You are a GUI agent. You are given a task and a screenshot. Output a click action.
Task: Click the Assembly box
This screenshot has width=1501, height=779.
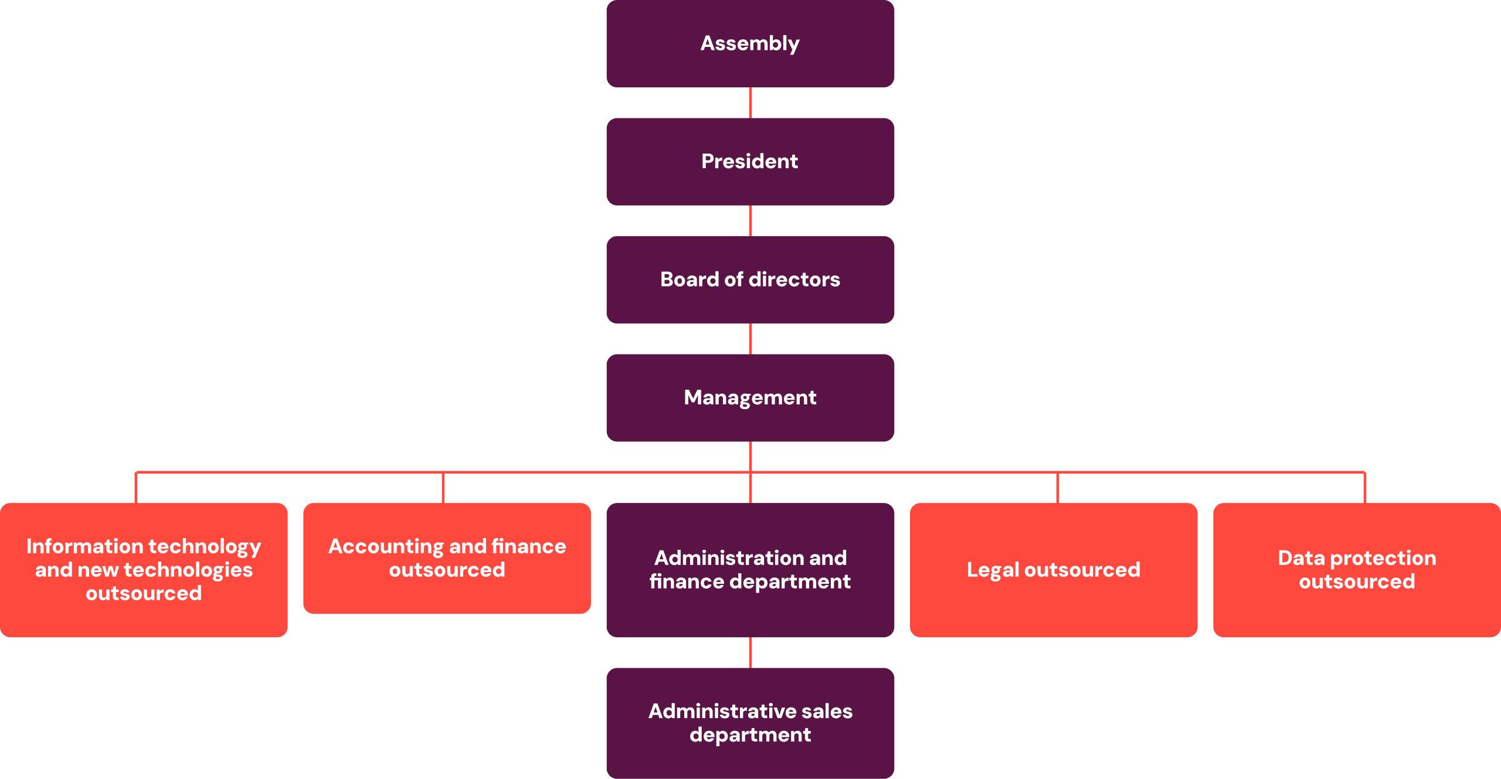750,44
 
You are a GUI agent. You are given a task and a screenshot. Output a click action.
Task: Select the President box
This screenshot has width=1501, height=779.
750,162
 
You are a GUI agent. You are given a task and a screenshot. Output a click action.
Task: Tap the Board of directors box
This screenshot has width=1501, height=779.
750,280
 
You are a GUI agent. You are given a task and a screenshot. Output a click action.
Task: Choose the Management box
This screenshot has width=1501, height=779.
750,398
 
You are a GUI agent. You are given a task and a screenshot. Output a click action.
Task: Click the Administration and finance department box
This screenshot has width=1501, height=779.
750,570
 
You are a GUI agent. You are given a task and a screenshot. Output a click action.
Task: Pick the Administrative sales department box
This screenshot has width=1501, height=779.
750,723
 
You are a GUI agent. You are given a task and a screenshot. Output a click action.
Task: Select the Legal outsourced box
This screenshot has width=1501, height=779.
1053,570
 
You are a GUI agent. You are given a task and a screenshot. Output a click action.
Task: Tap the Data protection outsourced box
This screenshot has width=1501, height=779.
1356,570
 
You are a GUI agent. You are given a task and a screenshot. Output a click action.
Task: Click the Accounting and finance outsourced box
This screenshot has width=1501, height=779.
447,558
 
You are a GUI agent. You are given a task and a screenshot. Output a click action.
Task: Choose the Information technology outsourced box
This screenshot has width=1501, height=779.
144,570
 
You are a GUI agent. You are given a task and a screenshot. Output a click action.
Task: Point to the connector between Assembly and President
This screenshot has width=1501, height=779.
750,103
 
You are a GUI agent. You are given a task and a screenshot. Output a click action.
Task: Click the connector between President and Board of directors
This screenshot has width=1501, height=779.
750,221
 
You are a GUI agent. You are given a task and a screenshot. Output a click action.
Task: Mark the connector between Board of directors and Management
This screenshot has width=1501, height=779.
750,339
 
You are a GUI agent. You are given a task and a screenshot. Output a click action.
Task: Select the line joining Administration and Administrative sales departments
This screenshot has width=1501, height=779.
750,652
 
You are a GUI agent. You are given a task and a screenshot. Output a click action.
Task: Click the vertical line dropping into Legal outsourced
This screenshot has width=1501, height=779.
1057,488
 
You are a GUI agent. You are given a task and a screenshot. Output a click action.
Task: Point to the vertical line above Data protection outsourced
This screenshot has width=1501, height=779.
1365,488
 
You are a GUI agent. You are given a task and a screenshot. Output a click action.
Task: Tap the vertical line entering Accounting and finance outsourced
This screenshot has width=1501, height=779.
443,488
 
